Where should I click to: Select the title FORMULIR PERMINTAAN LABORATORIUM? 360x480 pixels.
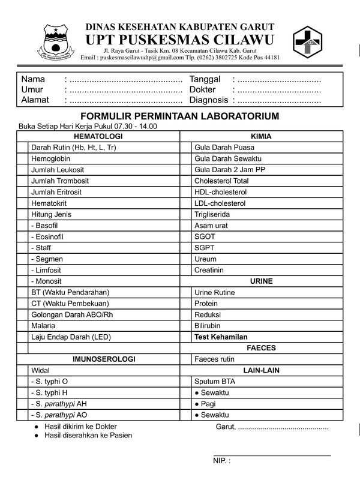coord(180,116)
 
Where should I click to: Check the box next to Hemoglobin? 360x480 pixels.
coord(22,158)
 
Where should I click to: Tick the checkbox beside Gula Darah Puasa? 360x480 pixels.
coord(185,148)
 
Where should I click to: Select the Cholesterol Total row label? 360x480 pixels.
coord(221,181)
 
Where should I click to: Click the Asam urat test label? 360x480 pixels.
coord(211,226)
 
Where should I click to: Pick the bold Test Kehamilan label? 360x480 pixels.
coord(221,337)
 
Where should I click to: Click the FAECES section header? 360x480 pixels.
coord(261,348)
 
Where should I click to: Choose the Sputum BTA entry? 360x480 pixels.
coord(215,382)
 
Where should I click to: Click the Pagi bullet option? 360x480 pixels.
coord(208,404)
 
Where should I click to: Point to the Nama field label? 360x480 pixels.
coord(33,79)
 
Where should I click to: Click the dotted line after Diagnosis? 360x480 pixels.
coord(277,100)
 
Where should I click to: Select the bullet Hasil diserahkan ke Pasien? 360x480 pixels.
coord(88,436)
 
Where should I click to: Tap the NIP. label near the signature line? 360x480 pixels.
coord(221,461)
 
